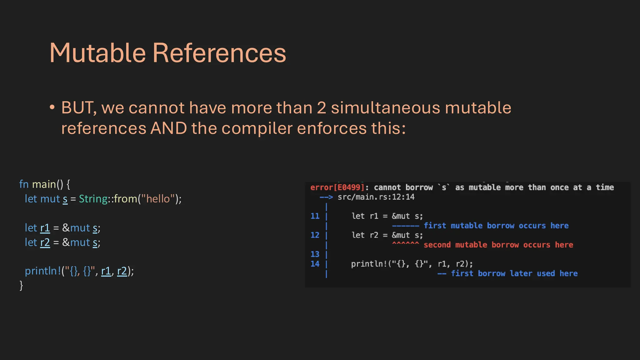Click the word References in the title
point(219,53)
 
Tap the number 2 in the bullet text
point(322,108)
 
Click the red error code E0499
point(349,187)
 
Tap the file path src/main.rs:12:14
point(376,197)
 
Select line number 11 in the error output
point(315,216)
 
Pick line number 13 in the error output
point(315,254)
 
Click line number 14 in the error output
point(315,264)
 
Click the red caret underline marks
point(405,244)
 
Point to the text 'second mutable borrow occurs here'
point(498,245)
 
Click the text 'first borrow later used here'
point(514,274)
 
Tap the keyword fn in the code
point(24,184)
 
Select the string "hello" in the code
point(157,199)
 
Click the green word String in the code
point(93,199)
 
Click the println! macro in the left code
point(43,271)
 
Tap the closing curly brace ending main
point(21,285)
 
